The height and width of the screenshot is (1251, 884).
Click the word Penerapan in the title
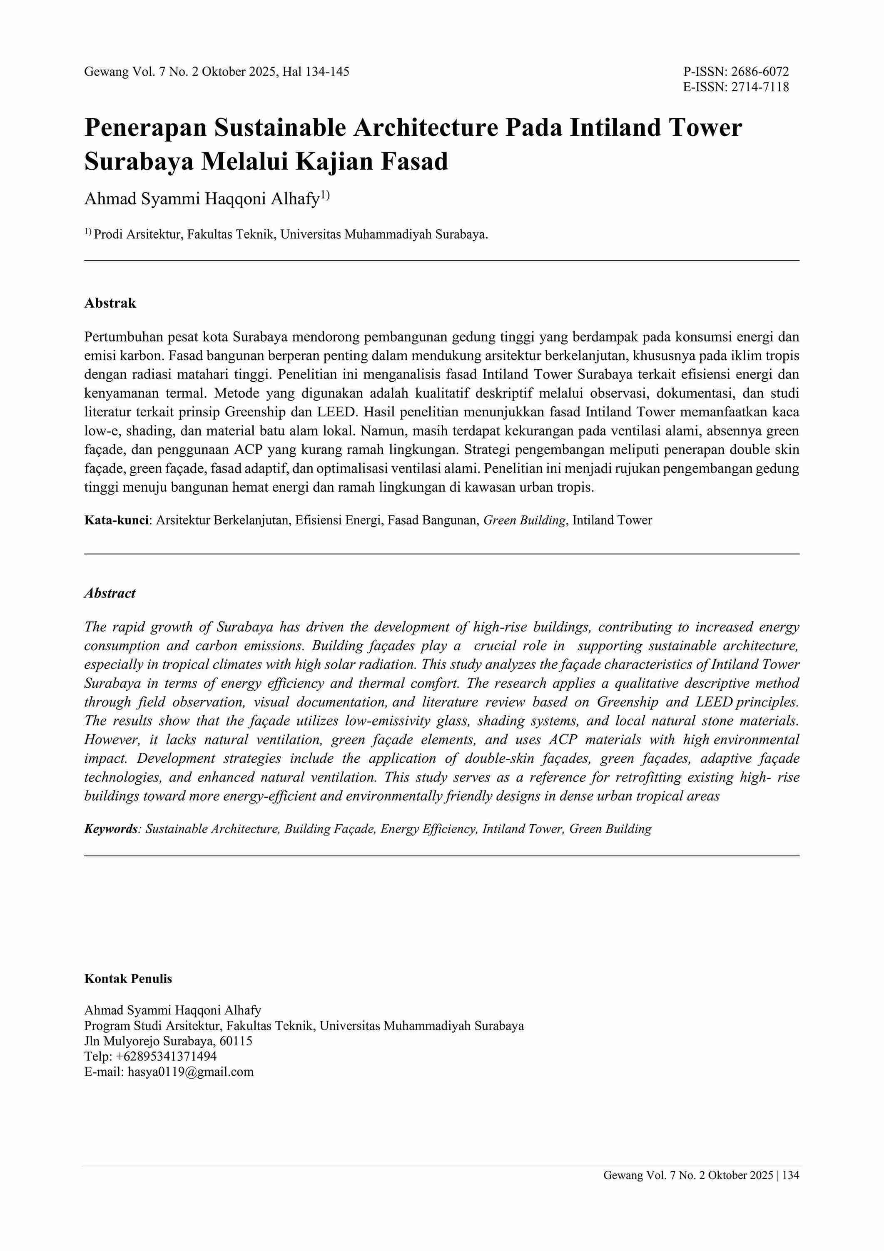[145, 128]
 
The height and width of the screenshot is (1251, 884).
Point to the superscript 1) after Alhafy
[325, 195]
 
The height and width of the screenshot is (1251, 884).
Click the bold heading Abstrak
[110, 303]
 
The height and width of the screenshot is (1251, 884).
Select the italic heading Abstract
[110, 593]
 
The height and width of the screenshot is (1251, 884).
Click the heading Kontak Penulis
[128, 979]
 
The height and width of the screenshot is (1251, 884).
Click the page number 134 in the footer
[791, 1191]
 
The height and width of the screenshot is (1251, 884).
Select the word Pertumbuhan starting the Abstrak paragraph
[122, 337]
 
